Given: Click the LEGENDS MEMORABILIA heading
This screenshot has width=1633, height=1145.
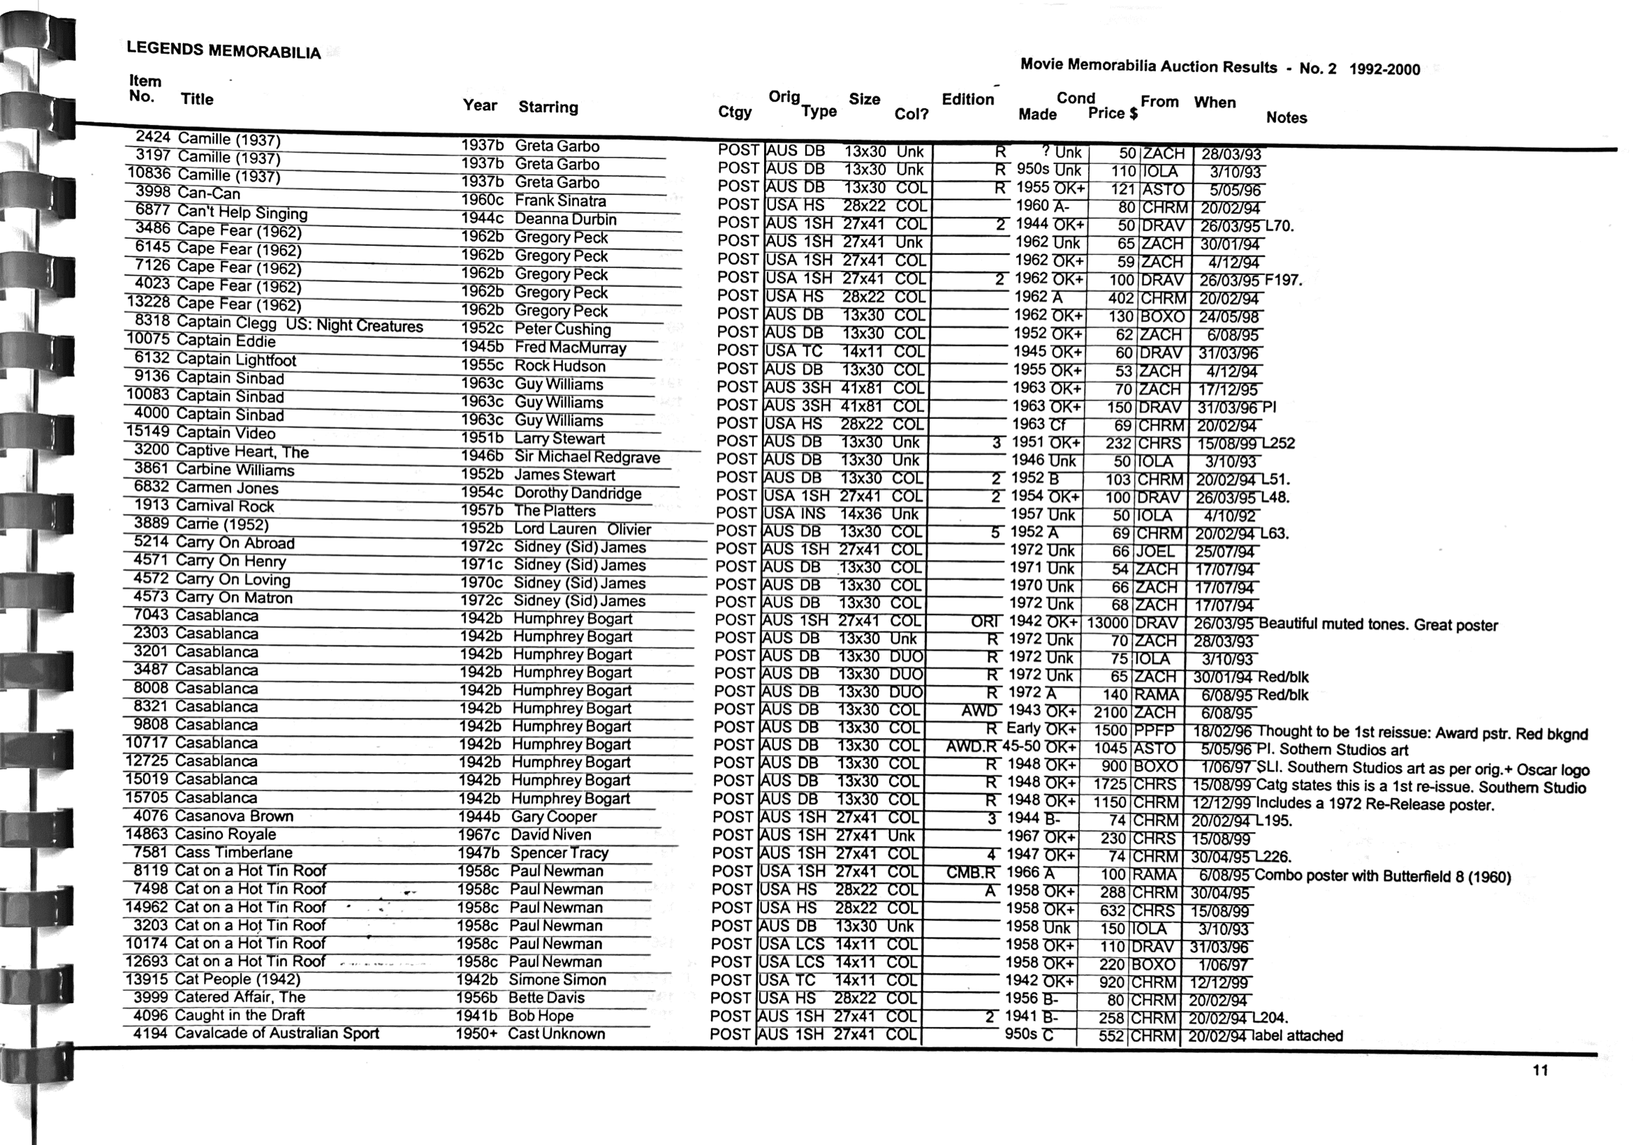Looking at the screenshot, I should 224,50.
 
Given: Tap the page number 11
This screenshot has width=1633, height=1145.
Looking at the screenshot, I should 1540,1070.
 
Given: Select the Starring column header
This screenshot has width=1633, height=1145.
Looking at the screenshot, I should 548,108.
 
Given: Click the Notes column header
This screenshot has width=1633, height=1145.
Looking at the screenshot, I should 1286,118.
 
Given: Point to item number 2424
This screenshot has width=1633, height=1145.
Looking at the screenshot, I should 152,137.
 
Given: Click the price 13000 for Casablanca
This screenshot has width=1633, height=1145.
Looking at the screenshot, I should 1106,623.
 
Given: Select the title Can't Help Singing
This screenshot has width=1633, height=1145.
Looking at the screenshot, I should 242,212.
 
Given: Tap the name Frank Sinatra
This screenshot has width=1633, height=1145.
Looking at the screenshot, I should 560,201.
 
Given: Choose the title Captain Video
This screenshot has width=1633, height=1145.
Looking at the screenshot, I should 226,433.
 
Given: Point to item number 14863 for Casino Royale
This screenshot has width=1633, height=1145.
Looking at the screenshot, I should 147,834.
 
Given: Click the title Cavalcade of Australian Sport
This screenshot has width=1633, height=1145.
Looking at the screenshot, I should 277,1033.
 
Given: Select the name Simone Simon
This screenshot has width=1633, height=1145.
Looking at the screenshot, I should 557,980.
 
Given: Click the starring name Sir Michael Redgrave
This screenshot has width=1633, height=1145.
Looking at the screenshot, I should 587,458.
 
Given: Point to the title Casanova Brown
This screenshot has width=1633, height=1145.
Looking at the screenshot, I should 234,816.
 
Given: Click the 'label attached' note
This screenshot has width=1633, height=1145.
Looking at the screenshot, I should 1297,1035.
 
